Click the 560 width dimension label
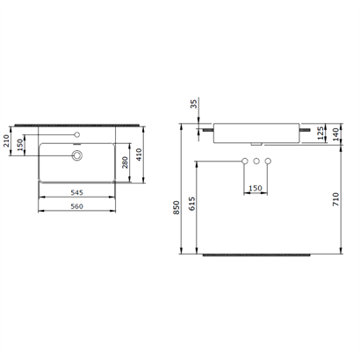coord(76,206)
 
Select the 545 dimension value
coord(76,192)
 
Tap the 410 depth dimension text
coord(139,155)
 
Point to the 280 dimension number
coord(125,162)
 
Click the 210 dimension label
coord(6,140)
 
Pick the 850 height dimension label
coord(176,207)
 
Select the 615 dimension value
coord(191,204)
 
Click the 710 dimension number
coord(335,199)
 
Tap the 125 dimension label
coord(321,133)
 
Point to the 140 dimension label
coord(335,134)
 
